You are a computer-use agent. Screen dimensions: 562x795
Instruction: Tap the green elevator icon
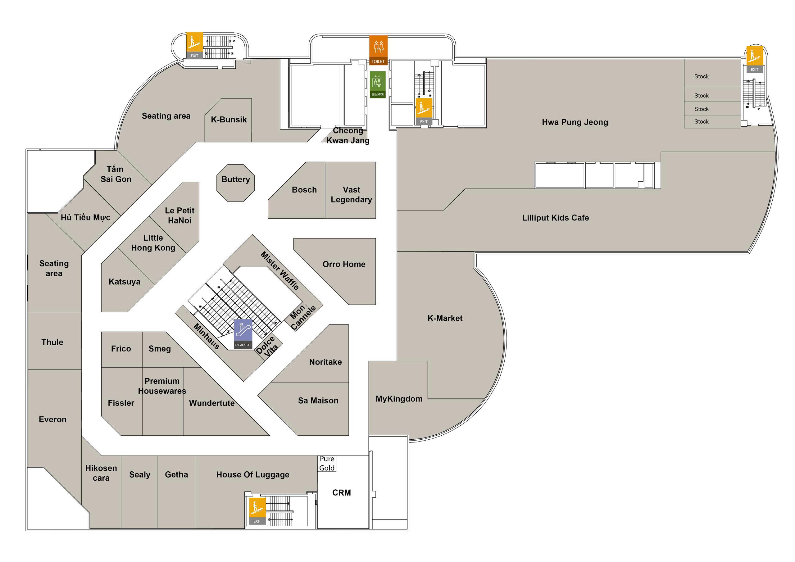click(377, 84)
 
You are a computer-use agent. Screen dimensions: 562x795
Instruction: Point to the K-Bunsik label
click(229, 120)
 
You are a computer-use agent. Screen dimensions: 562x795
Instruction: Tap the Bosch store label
click(304, 190)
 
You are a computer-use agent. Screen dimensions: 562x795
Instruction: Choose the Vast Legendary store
click(351, 195)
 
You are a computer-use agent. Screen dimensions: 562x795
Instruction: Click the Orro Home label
click(344, 265)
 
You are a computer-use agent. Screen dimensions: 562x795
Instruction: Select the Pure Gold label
click(327, 463)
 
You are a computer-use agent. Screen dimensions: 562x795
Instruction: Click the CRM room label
click(341, 493)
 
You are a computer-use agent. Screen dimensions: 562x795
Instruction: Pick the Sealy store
click(139, 475)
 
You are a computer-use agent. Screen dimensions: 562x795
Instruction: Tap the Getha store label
click(176, 475)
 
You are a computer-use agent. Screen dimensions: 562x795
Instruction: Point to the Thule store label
click(52, 342)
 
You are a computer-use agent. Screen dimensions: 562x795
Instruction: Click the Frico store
click(121, 349)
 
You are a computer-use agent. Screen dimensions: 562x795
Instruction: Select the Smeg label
click(160, 349)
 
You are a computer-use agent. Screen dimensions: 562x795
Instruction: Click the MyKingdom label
click(399, 399)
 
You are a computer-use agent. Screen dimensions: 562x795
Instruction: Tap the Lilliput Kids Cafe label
click(555, 218)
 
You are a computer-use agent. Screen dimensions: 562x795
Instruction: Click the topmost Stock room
click(701, 76)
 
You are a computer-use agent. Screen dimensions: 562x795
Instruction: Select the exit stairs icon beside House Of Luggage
click(257, 511)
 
